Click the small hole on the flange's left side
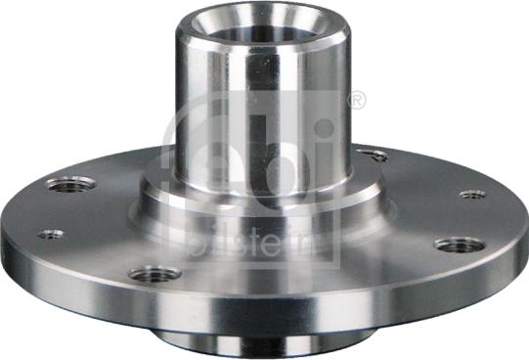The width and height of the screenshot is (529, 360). click(x=50, y=234)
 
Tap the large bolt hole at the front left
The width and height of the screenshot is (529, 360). click(x=154, y=274)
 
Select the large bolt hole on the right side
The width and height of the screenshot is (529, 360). click(x=459, y=244)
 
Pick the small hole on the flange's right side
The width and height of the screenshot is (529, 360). click(x=472, y=194)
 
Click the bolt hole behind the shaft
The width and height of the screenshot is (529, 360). click(x=372, y=155)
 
